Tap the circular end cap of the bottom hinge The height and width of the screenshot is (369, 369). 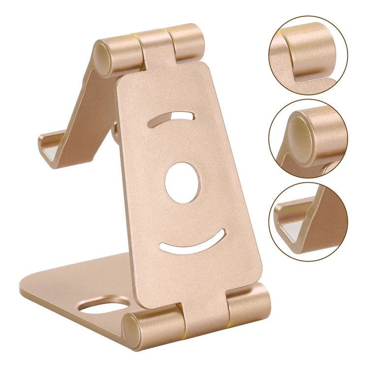tap(132, 327)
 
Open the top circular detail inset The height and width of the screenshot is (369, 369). tap(308, 55)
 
